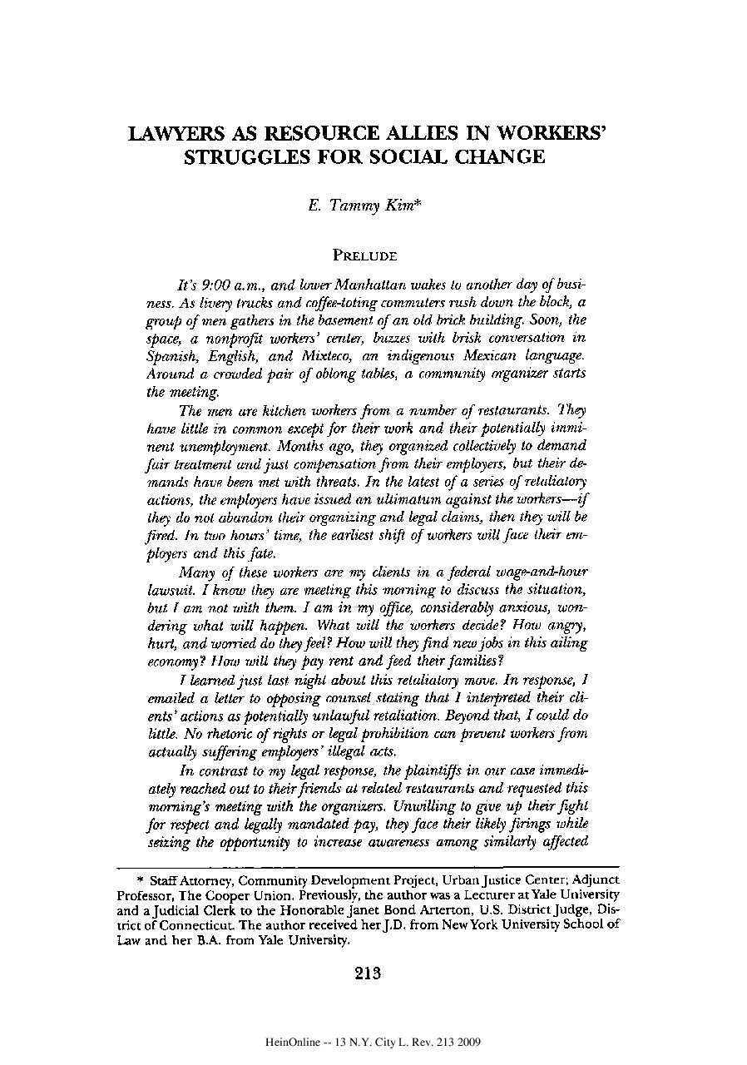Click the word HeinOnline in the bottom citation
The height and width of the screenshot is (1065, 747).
coord(292,1042)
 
